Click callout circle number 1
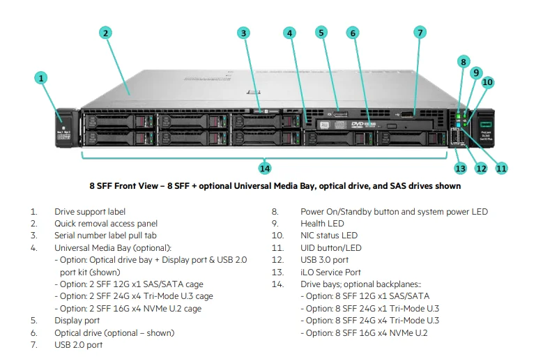click(43, 78)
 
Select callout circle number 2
click(105, 33)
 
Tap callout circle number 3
click(243, 33)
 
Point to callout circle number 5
click(321, 32)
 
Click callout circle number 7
click(420, 32)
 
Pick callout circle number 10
click(487, 82)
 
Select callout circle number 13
click(460, 168)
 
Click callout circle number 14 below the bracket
click(265, 168)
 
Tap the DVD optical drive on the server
click(362, 124)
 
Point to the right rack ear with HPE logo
click(482, 126)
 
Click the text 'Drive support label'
click(90, 212)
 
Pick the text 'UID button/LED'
click(331, 248)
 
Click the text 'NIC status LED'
click(329, 236)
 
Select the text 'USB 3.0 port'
click(325, 260)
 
